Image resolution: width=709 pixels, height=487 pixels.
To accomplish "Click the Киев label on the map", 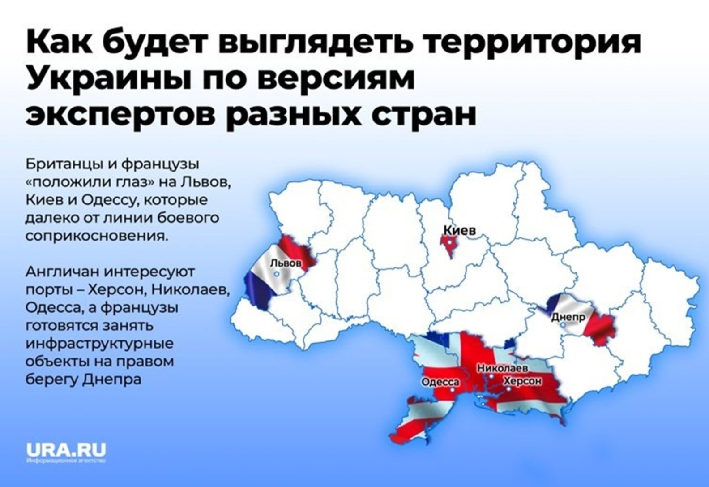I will [459, 231].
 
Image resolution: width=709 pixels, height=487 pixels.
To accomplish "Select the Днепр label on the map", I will [568, 317].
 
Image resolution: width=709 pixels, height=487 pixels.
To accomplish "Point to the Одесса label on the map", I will [440, 382].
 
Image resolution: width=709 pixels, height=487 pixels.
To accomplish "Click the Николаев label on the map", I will [502, 368].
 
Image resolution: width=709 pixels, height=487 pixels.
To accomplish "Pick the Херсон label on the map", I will [522, 381].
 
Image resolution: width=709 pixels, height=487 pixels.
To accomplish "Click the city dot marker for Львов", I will [277, 273].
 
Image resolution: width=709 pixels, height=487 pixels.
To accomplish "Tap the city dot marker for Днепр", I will [563, 324].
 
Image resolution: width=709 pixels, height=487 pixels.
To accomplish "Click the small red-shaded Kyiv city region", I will [449, 244].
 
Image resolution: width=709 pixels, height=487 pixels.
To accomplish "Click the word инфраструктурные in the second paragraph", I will [100, 344].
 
